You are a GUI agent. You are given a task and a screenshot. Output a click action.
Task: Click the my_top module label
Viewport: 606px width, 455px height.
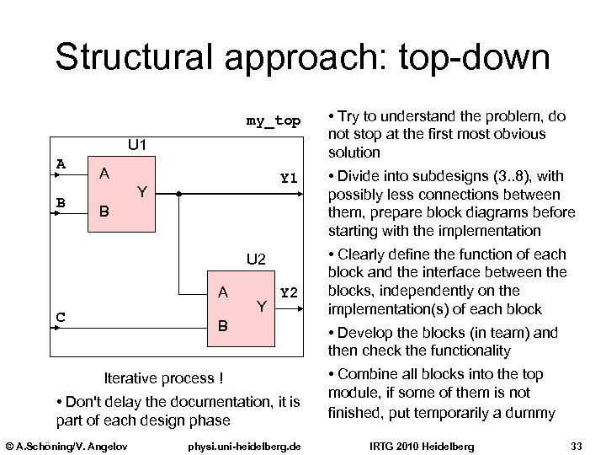[x=273, y=121]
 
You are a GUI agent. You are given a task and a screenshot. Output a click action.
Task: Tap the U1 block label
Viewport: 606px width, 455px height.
[x=137, y=146]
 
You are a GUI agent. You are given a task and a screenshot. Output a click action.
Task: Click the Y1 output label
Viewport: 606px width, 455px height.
[x=289, y=178]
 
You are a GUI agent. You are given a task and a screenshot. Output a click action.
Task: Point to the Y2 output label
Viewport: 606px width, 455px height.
[x=289, y=292]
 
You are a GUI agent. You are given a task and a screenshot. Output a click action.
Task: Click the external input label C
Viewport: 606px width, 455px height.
[x=61, y=317]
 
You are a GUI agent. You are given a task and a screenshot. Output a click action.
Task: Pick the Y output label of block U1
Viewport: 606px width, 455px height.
[x=142, y=192]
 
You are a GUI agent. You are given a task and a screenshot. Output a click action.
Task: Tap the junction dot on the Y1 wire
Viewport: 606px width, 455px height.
[x=178, y=193]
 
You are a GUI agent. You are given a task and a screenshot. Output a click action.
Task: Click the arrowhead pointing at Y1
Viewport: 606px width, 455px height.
[x=297, y=193]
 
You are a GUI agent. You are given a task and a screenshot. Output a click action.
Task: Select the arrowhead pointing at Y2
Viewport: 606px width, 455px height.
[x=297, y=309]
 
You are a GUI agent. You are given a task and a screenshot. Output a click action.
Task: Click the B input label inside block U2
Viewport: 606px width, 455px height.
[x=222, y=324]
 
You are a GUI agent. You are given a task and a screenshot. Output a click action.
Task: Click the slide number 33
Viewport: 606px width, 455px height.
[x=577, y=444]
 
